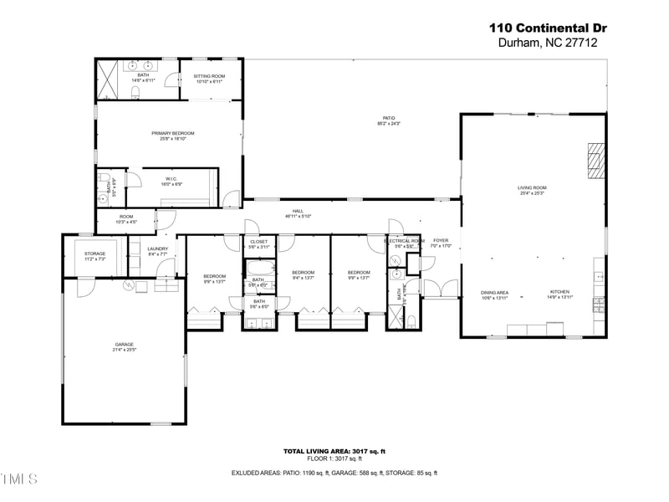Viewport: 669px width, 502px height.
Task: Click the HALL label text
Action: click(x=298, y=213)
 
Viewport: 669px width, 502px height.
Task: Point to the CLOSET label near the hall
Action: click(x=259, y=243)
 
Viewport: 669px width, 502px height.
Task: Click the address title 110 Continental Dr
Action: click(x=548, y=27)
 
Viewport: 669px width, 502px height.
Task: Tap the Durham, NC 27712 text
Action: click(x=548, y=43)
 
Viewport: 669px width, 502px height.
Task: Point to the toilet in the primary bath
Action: click(x=135, y=91)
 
